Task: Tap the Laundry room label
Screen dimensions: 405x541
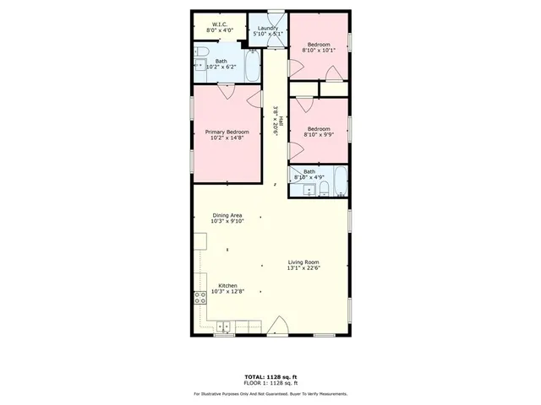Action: [267, 29]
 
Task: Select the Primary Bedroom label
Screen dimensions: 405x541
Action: [227, 132]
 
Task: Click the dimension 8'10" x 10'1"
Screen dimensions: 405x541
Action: [319, 50]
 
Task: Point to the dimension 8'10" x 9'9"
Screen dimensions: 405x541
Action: [319, 134]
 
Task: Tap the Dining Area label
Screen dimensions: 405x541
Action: [227, 216]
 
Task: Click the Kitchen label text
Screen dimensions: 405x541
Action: [227, 286]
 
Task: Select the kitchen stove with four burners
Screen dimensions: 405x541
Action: [200, 297]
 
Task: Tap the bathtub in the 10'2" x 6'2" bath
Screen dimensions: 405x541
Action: [253, 67]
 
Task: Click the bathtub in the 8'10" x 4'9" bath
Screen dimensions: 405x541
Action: [338, 181]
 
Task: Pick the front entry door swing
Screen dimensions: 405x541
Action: [280, 326]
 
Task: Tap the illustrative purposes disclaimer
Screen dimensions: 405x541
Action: [270, 393]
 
